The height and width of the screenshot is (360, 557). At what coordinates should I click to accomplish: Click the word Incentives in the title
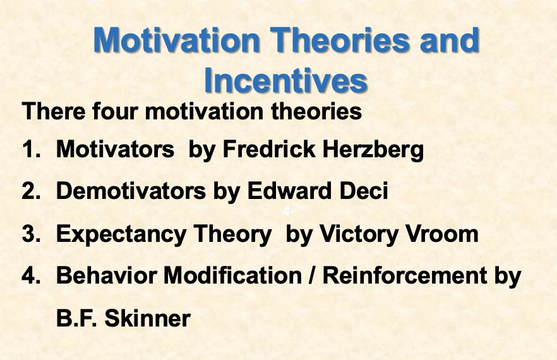coord(286,80)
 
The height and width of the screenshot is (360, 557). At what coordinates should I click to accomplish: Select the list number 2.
coord(30,191)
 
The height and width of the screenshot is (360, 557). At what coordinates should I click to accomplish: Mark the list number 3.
coord(30,234)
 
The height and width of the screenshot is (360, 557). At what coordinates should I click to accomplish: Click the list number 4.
coord(30,275)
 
